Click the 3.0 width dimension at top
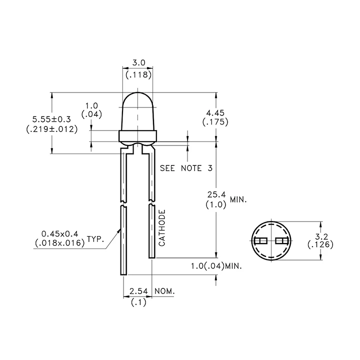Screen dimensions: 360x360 (x=139, y=62)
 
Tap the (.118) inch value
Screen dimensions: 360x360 (x=138, y=75)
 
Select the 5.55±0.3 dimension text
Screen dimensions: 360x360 (x=51, y=119)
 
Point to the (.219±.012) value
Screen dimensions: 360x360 (x=52, y=129)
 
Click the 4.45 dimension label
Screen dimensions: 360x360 (x=215, y=113)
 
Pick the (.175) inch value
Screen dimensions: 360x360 (x=215, y=122)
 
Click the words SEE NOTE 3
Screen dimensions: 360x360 (x=186, y=168)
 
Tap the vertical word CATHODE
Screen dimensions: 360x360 (x=162, y=228)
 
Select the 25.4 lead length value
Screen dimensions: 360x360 (x=216, y=194)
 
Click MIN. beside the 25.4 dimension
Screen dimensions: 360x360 (x=238, y=199)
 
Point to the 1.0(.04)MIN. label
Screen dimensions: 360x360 (x=216, y=266)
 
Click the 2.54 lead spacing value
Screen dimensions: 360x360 (x=138, y=291)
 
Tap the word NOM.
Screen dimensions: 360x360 (x=164, y=291)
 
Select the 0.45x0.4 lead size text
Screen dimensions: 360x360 (x=59, y=234)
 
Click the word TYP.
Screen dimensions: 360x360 (x=95, y=239)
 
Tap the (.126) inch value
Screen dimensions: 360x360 (x=320, y=244)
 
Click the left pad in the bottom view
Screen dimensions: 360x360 (x=260, y=241)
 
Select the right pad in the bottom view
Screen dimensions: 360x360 (x=282, y=241)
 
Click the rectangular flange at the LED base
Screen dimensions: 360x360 (x=138, y=136)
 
